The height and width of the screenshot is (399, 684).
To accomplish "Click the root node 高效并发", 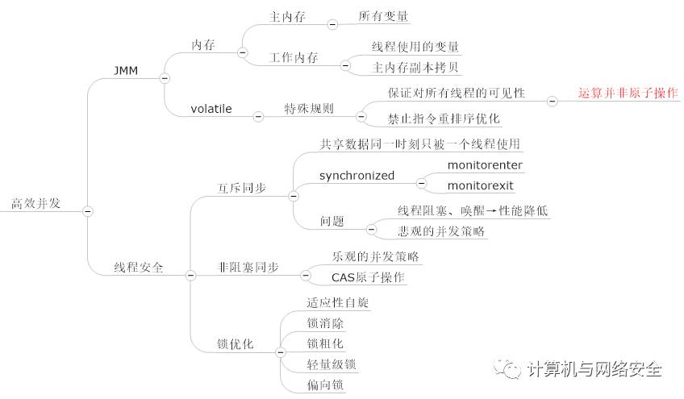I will tap(36, 203).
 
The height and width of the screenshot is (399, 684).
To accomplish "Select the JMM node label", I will tap(127, 71).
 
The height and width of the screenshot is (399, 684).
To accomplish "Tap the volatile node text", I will tap(211, 108).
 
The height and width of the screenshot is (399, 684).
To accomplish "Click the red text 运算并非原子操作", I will tap(628, 94).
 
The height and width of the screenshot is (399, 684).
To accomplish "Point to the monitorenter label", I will tap(485, 165).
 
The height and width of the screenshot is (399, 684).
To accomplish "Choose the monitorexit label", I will tap(480, 186).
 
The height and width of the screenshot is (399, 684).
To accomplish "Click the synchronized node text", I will tap(357, 175).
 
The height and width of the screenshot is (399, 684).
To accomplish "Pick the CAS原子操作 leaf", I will tap(369, 277).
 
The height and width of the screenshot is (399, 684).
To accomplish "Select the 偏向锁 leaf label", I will tap(326, 385).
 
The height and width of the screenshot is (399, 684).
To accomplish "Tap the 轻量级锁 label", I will tap(332, 364).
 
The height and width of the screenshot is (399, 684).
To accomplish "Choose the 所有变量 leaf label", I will tap(383, 16).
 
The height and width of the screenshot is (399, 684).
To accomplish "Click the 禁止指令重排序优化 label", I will tap(444, 118).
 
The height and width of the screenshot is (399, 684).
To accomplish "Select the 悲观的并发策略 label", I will tap(441, 231).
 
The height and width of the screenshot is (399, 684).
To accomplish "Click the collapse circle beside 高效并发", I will tap(87, 211).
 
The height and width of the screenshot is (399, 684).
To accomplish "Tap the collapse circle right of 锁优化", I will tap(280, 352).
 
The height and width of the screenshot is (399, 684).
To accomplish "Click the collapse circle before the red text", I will tap(553, 101).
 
